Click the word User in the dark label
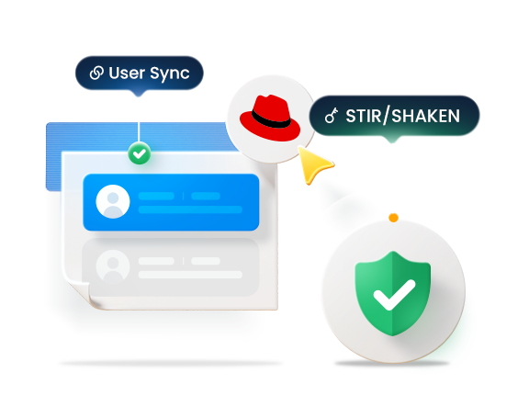pyautogui.click(x=127, y=73)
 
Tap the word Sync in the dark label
pyautogui.click(x=170, y=74)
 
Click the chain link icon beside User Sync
pyautogui.click(x=96, y=73)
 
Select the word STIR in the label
pyautogui.click(x=363, y=116)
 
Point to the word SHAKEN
pyautogui.click(x=426, y=116)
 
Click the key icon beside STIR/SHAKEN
pyautogui.click(x=332, y=115)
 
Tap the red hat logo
pyautogui.click(x=270, y=118)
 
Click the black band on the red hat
pyautogui.click(x=271, y=119)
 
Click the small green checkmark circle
pyautogui.click(x=140, y=153)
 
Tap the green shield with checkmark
pyautogui.click(x=393, y=293)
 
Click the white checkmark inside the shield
pyautogui.click(x=394, y=295)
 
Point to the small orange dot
pyautogui.click(x=393, y=218)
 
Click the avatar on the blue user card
pyautogui.click(x=113, y=202)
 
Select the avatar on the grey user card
pyautogui.click(x=113, y=266)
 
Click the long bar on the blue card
pyautogui.click(x=190, y=209)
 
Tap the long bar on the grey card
pyautogui.click(x=190, y=275)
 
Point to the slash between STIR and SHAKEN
pyautogui.click(x=386, y=115)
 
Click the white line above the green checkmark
pyautogui.click(x=139, y=132)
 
